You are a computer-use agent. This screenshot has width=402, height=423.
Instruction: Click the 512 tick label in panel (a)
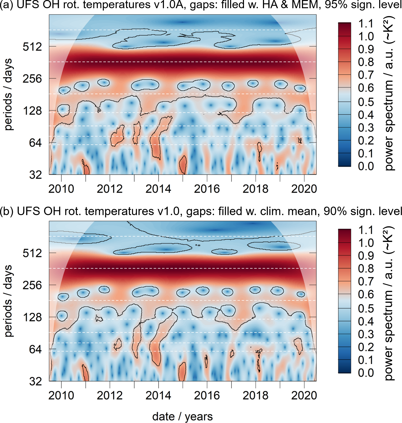(32, 47)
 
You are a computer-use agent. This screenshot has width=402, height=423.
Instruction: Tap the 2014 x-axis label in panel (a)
(158, 189)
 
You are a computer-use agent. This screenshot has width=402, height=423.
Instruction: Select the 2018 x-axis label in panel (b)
(256, 395)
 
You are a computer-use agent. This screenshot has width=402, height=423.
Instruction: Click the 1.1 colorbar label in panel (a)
(366, 24)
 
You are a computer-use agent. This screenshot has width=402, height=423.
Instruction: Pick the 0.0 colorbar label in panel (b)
(366, 372)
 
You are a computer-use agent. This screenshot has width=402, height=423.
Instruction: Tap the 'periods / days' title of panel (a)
(8, 94)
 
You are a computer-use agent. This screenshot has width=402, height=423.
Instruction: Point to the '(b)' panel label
(7, 211)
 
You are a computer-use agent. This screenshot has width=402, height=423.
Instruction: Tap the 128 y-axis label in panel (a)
(32, 111)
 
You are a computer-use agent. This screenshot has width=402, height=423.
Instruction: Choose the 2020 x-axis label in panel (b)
(304, 395)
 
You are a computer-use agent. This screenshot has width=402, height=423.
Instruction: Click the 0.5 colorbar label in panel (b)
(366, 308)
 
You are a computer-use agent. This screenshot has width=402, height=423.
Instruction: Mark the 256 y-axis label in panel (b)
(32, 285)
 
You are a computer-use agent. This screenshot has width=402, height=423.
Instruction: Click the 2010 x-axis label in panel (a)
(61, 189)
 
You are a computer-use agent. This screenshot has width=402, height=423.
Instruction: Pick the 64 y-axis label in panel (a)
(35, 143)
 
